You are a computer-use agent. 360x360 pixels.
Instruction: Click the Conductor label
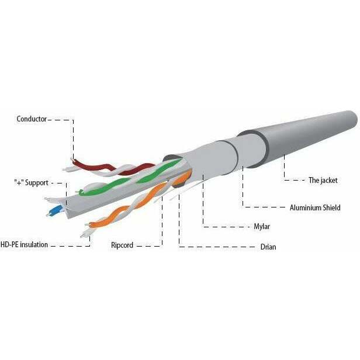click(x=32, y=119)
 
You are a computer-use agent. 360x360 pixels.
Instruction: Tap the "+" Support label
click(x=32, y=183)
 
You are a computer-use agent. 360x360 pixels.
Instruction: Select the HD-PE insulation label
click(x=24, y=244)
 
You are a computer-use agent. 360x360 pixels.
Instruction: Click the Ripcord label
click(x=122, y=245)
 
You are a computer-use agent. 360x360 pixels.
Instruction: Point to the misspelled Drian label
click(x=268, y=247)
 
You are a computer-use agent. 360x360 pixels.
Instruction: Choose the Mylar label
click(x=262, y=227)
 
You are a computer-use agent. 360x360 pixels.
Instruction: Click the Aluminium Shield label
click(x=315, y=207)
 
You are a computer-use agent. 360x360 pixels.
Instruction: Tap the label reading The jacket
click(x=323, y=181)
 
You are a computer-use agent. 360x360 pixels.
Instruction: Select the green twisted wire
click(x=129, y=179)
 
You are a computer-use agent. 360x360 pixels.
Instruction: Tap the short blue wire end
click(x=55, y=210)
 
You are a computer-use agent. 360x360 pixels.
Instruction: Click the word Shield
click(x=331, y=207)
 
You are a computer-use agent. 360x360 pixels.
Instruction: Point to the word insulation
click(x=34, y=244)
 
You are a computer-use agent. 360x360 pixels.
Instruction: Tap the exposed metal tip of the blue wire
click(x=48, y=215)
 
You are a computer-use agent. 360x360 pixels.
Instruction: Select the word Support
click(x=37, y=183)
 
